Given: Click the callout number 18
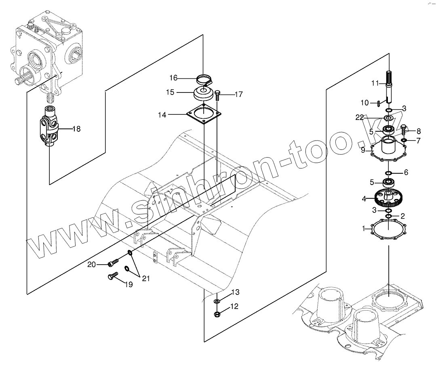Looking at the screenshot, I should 76,129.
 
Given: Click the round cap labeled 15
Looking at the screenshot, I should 204,94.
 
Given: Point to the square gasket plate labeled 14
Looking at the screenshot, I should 204,115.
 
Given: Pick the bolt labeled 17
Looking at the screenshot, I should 217,95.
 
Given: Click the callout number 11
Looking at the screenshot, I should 375,83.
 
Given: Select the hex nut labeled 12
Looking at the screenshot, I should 217,314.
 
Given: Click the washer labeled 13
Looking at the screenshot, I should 217,301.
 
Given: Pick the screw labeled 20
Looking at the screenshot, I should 113,263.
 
